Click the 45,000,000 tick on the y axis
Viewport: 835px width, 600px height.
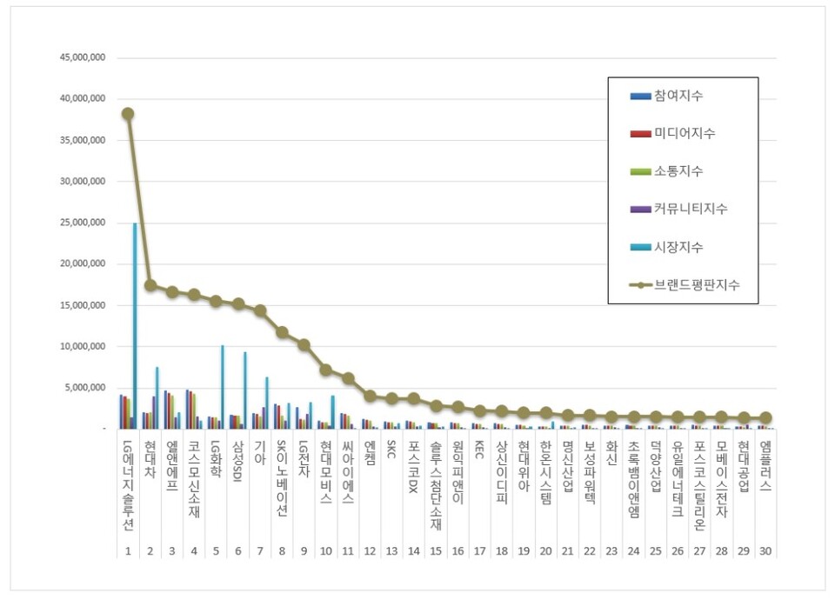pyautogui.click(x=81, y=58)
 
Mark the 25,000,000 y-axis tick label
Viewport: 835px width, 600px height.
pyautogui.click(x=81, y=223)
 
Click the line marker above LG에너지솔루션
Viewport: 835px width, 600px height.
pyautogui.click(x=128, y=113)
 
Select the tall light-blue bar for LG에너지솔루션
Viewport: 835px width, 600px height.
pyautogui.click(x=135, y=326)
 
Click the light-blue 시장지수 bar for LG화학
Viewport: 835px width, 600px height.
pyautogui.click(x=223, y=387)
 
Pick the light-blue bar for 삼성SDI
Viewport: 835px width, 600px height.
pyautogui.click(x=244, y=390)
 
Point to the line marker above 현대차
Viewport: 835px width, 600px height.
pyautogui.click(x=150, y=285)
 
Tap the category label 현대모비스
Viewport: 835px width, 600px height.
pyautogui.click(x=325, y=473)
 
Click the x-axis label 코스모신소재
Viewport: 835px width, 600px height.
pyautogui.click(x=193, y=480)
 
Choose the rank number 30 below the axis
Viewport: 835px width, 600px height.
pyautogui.click(x=765, y=551)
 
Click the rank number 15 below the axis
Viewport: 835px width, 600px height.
pyautogui.click(x=435, y=551)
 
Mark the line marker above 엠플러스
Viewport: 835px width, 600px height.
pyautogui.click(x=765, y=417)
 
